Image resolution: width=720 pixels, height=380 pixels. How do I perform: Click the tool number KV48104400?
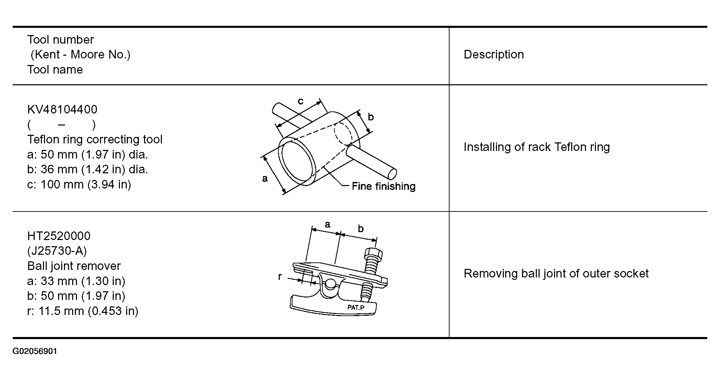pos(62,109)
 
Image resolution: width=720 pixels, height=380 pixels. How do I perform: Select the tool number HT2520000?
pos(59,236)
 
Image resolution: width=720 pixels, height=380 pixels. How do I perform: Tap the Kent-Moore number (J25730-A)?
pos(57,251)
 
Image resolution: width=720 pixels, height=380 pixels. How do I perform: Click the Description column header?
pos(494,55)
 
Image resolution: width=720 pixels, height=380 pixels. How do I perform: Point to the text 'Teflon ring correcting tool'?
pos(95,140)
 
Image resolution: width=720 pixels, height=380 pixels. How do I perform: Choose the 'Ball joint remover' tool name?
pos(74,266)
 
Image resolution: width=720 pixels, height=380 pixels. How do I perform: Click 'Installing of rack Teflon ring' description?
pos(537,147)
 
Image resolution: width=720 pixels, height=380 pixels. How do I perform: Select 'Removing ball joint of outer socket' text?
pos(556,274)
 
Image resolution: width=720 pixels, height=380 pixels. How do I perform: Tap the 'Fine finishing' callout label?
pos(384,186)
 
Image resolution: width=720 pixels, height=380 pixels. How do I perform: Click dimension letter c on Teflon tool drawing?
pos(301,101)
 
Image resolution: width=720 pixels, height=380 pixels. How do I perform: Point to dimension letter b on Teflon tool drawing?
pos(371,117)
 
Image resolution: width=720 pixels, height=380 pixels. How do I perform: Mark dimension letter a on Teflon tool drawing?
pos(265,178)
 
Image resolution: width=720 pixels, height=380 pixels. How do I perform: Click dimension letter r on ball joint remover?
pos(280,276)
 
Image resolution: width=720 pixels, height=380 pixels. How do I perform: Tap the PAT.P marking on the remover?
pos(356,307)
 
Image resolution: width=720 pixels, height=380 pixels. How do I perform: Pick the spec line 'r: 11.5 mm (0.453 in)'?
pos(82,311)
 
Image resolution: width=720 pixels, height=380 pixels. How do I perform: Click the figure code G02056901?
pos(35,351)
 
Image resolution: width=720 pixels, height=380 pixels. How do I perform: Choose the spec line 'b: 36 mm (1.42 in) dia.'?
pos(87,170)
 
